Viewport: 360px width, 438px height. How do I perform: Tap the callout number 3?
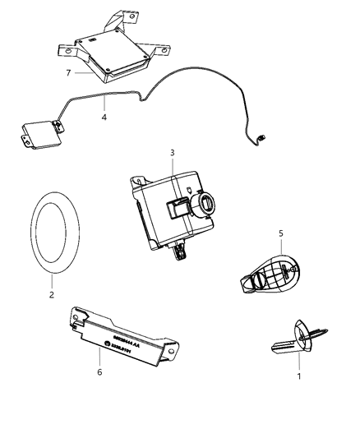[x=172, y=152]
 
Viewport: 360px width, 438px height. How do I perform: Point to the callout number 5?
[x=281, y=233]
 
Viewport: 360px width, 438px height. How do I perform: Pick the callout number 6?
[x=100, y=371]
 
